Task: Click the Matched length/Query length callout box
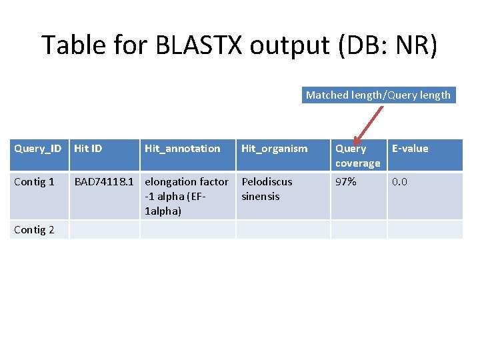378,95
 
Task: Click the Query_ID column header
38,149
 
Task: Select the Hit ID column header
88,149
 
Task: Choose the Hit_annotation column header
183,149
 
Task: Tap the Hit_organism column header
275,149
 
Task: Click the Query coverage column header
357,155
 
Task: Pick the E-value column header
410,149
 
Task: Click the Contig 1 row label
34,182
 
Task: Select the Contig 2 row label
34,230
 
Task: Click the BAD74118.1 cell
104,182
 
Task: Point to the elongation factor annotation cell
186,196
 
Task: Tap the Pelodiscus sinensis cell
267,189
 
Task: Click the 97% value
345,182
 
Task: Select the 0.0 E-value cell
401,182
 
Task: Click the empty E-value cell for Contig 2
425,230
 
